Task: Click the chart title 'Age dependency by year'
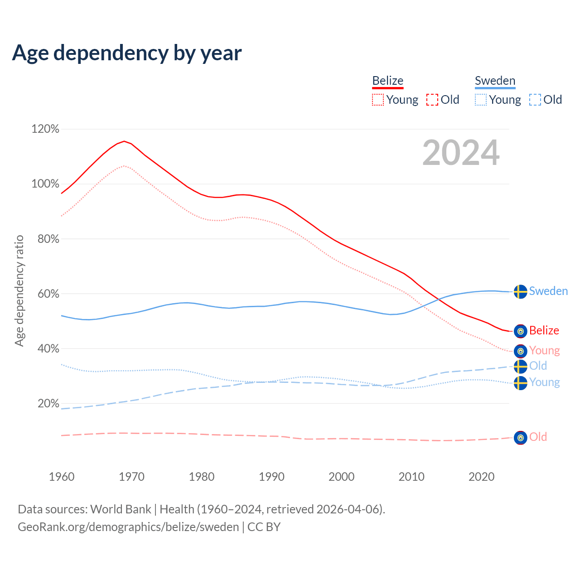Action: coord(127,53)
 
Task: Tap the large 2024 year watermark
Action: coord(461,153)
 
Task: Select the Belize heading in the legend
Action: coord(387,81)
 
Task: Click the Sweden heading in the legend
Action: coord(495,81)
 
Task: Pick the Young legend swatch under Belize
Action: coord(377,100)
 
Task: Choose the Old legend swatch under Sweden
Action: coord(535,100)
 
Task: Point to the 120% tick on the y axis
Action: coord(45,129)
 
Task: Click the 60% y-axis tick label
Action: coord(48,294)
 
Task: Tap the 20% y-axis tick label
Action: coord(48,404)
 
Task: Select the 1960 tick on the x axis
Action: coord(62,477)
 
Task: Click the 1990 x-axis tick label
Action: coord(271,477)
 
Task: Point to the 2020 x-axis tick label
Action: coord(481,477)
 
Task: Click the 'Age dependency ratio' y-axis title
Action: coord(19,290)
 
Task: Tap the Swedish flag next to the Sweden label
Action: coord(521,291)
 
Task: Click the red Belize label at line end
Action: coord(544,331)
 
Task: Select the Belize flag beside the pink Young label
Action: coord(521,351)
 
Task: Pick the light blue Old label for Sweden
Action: coord(538,366)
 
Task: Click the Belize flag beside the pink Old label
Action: coord(521,438)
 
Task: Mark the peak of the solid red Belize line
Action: coord(124,141)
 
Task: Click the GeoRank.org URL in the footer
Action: coord(128,527)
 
